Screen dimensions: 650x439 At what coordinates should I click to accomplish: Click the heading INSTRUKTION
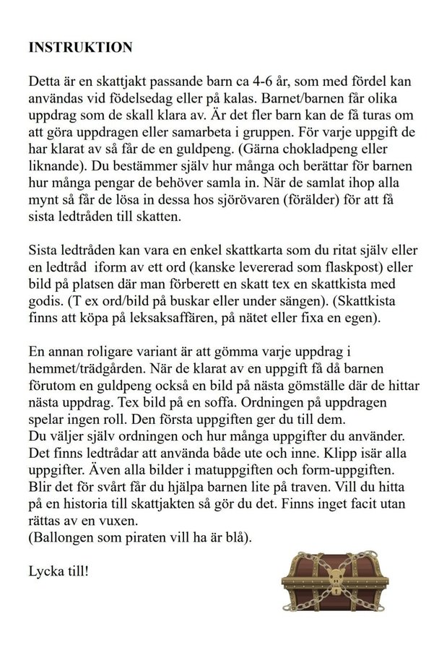tap(80, 48)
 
